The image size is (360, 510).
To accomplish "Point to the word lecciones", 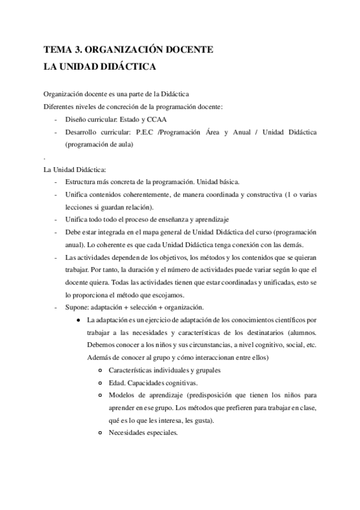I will click(79, 207).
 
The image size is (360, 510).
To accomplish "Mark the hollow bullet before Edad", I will click(100, 382).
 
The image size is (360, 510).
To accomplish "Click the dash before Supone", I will click(56, 306).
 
